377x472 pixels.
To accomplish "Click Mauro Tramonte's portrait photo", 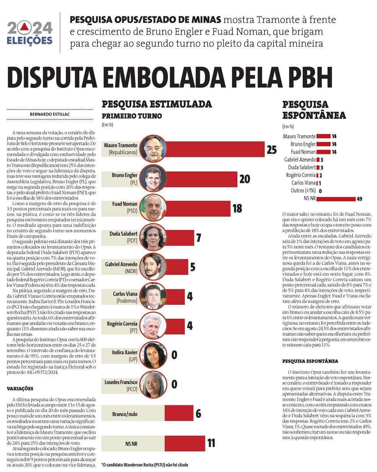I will tap(152, 149).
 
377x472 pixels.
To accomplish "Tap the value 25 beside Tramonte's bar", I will tap(271, 149).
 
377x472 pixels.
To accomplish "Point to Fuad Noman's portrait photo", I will tap(152, 208).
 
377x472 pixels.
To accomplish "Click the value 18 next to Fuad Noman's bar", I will tap(237, 208).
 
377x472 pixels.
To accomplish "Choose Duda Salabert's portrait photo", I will tap(152, 237).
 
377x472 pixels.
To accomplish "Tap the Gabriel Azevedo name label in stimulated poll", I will tap(121, 265).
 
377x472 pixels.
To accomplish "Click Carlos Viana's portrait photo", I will tap(152, 296).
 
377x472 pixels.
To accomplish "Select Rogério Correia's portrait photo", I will tap(152, 326).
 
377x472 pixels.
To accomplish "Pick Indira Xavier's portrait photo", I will tap(152, 355).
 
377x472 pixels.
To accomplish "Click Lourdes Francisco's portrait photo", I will tap(152, 384).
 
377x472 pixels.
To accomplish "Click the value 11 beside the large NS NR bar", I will tap(211, 443).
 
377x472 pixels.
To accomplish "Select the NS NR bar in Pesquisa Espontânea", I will tap(336, 199).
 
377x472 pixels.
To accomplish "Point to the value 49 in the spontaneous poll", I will tap(359, 199).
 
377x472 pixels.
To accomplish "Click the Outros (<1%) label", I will tap(303, 191).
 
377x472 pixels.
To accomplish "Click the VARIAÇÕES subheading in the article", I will tap(20, 389).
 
